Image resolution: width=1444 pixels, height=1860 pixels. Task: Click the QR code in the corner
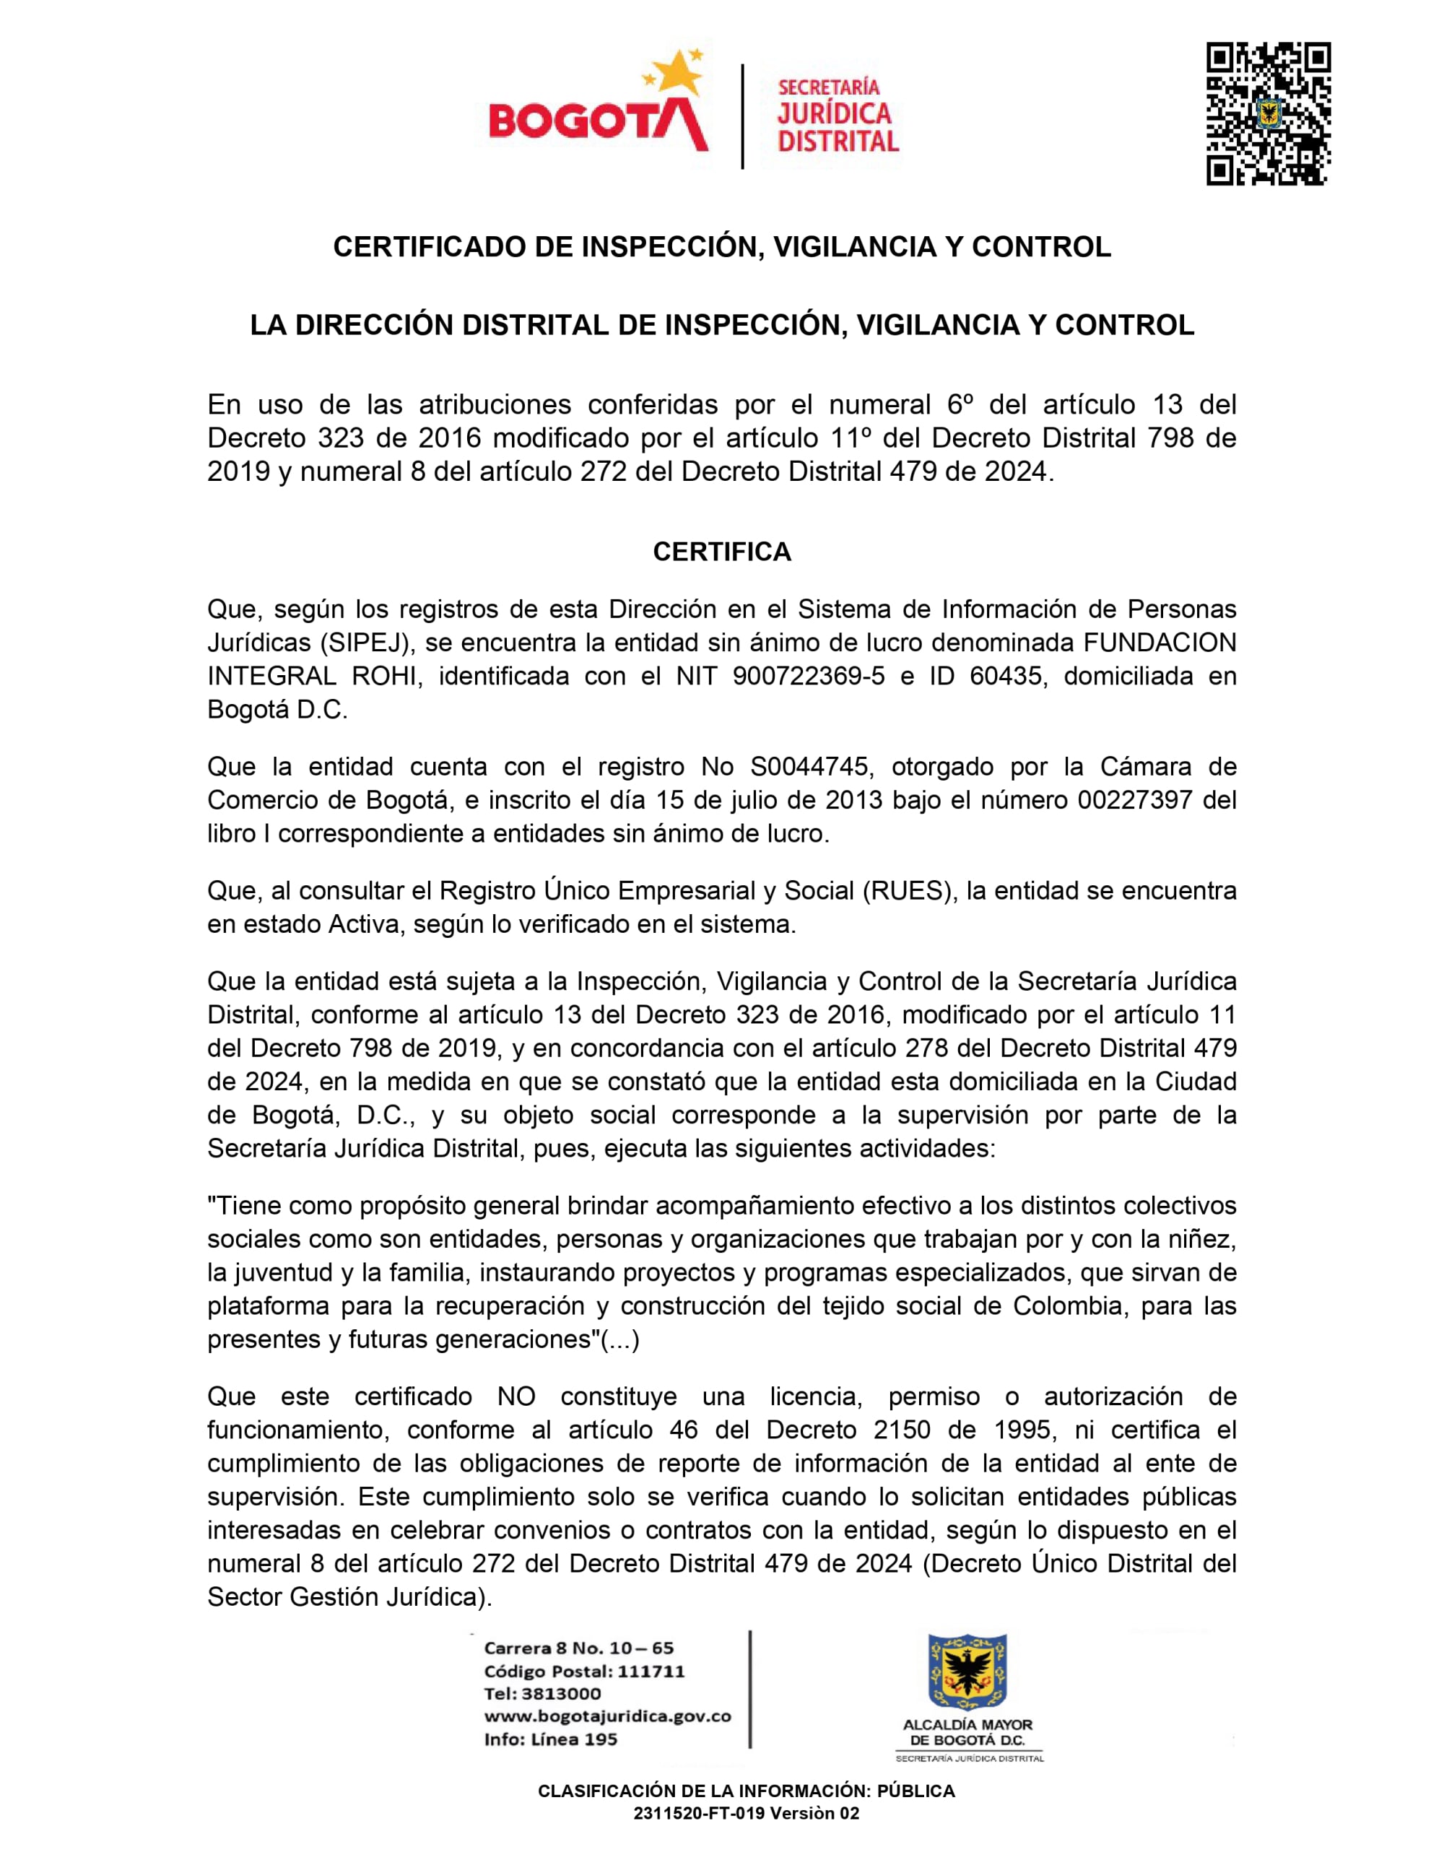1268,113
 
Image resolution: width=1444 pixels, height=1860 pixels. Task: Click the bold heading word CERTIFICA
722,552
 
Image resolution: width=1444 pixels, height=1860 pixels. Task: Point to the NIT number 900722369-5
808,677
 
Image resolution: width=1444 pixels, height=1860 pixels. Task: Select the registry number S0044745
809,767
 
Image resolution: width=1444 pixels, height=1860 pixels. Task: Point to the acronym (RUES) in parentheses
907,891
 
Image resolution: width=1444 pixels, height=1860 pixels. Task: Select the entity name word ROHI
384,677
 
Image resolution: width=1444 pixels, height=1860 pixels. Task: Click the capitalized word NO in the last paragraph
517,1396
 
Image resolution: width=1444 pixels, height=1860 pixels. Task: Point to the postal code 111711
651,1671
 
